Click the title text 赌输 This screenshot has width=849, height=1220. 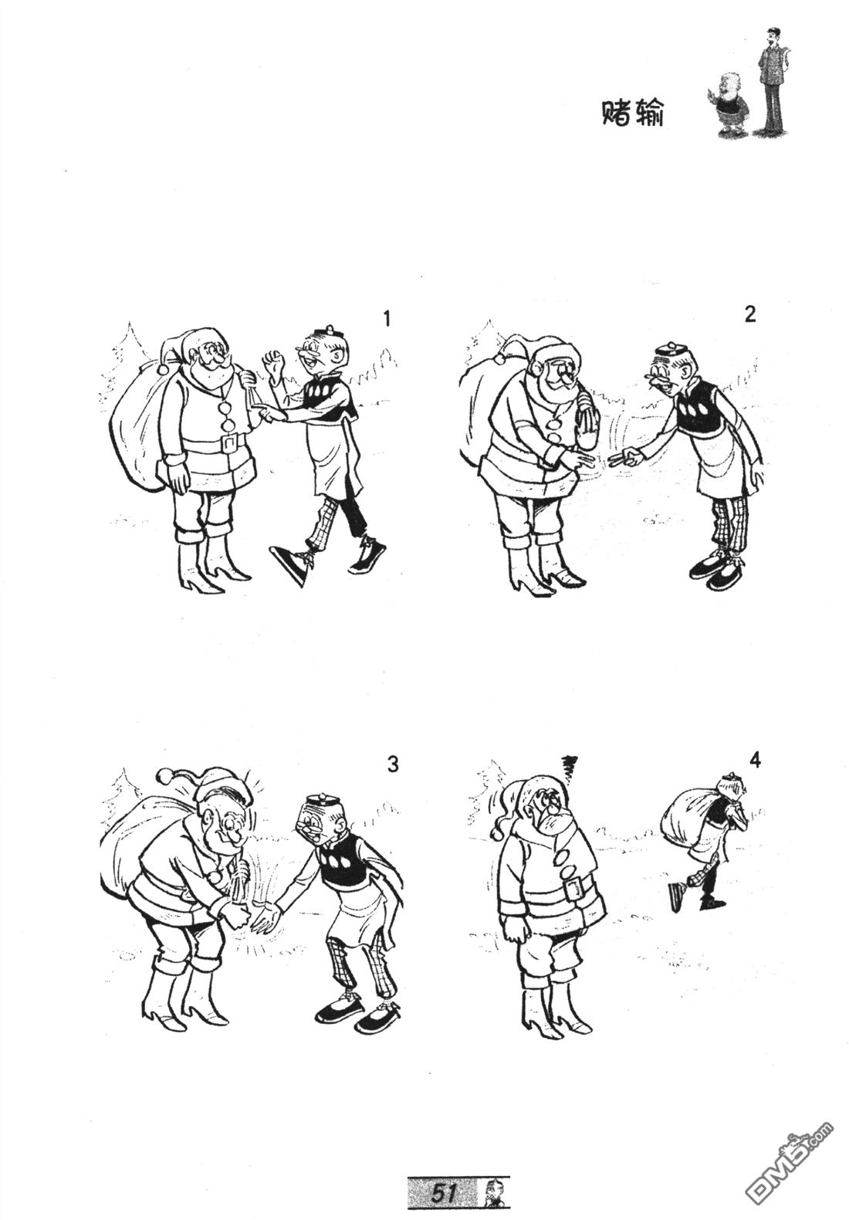coord(632,114)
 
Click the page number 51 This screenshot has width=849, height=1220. coord(444,1191)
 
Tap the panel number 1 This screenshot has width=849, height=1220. coord(387,318)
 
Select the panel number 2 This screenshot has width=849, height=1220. coord(750,314)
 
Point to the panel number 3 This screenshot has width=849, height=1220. coord(392,764)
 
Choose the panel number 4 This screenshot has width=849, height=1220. coord(755,761)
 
